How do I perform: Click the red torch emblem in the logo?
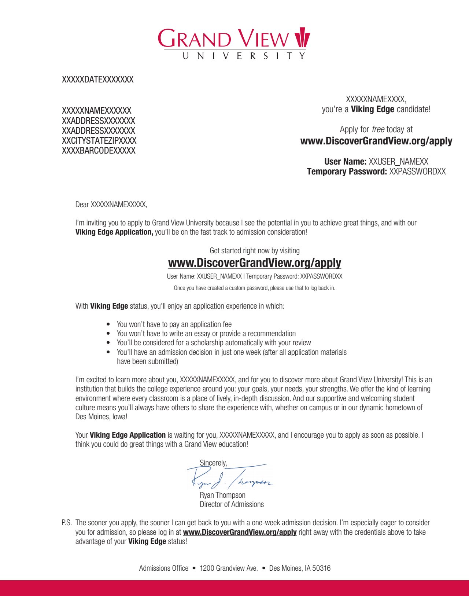(x=302, y=37)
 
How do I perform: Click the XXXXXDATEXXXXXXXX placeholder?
(x=97, y=80)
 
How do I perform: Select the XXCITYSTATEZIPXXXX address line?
(x=99, y=141)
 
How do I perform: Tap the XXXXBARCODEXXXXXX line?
(x=99, y=151)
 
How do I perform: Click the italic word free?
(x=378, y=129)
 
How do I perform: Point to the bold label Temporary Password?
(x=347, y=172)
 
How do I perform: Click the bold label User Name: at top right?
(x=345, y=162)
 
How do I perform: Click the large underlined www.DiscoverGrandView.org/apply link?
(x=254, y=263)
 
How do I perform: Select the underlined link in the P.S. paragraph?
(x=240, y=532)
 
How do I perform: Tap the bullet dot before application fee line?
(x=108, y=324)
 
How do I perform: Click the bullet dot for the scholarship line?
(x=108, y=343)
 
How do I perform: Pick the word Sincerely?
(x=213, y=463)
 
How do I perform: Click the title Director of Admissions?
(x=232, y=504)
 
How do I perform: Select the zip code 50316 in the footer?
(x=321, y=568)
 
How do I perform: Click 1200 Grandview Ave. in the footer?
(x=229, y=568)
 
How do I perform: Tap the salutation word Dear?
(x=82, y=205)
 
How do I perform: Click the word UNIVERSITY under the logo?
(x=244, y=56)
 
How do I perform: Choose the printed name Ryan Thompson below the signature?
(x=222, y=495)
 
